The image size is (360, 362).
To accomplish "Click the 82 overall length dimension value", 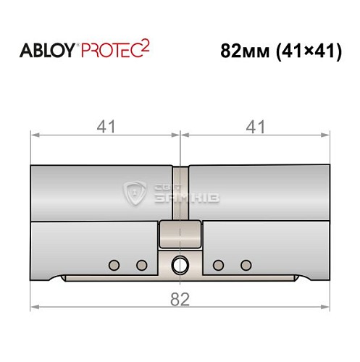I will coord(179,298).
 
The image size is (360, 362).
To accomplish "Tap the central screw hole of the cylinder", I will coord(179,265).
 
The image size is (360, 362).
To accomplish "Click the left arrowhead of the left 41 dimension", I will coord(34,135).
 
